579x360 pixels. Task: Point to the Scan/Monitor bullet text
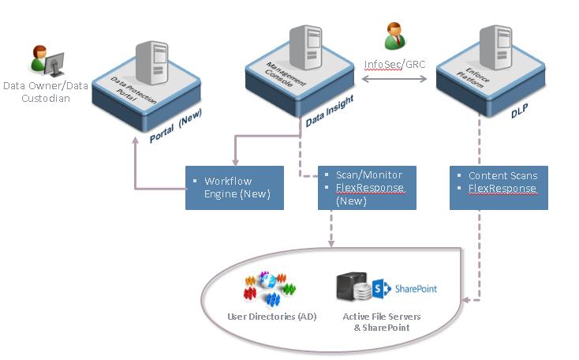click(369, 174)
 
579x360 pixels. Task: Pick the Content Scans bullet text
click(503, 175)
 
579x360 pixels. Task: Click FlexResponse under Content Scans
click(502, 189)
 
